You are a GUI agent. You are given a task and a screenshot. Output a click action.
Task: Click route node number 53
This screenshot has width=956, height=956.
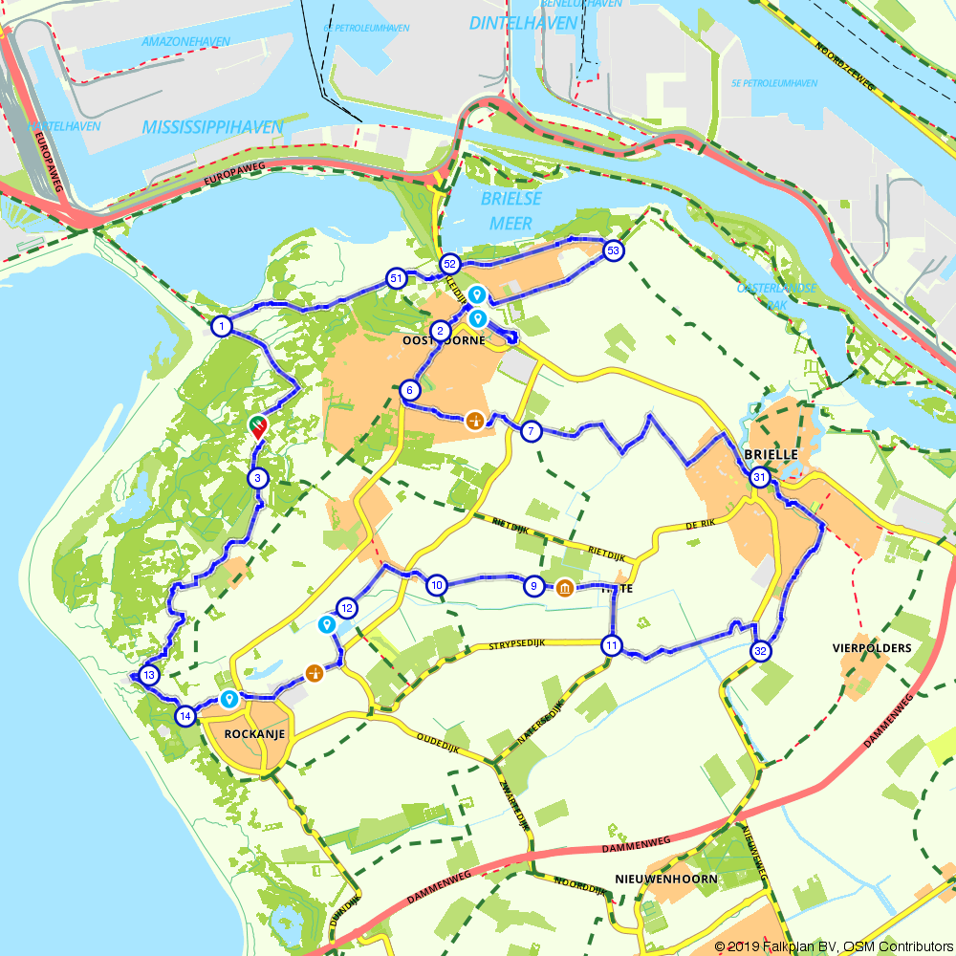pos(613,251)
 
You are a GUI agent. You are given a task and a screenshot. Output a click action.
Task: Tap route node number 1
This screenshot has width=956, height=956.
pos(221,327)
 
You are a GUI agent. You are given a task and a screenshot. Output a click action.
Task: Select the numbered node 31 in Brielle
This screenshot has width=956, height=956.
pos(759,477)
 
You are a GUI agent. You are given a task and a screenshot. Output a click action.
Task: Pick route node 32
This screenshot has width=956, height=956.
pos(761,652)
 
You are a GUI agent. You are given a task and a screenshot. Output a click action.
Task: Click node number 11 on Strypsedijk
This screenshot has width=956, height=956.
pos(612,645)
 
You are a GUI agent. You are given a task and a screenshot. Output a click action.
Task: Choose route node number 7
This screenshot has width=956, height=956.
pos(532,432)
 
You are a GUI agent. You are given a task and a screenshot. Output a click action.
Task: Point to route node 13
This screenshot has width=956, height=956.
pos(149,676)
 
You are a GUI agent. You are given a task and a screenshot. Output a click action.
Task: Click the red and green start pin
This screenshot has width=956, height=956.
pos(257,425)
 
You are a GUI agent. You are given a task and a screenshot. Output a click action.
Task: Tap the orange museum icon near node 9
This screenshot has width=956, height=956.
pos(564,587)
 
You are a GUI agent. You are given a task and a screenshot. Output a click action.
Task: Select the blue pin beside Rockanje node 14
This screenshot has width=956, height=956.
pos(228,699)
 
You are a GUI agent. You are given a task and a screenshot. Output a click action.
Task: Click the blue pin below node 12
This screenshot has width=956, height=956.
pos(327,624)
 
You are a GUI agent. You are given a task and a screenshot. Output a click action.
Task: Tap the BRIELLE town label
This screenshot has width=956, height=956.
pos(770,455)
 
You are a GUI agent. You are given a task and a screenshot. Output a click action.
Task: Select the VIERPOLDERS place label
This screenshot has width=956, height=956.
pos(871,647)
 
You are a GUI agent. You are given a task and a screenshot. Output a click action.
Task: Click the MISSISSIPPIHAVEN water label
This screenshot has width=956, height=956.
pos(212,127)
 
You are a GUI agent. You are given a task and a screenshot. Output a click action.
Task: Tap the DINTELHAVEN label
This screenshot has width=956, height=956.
pos(523,23)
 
